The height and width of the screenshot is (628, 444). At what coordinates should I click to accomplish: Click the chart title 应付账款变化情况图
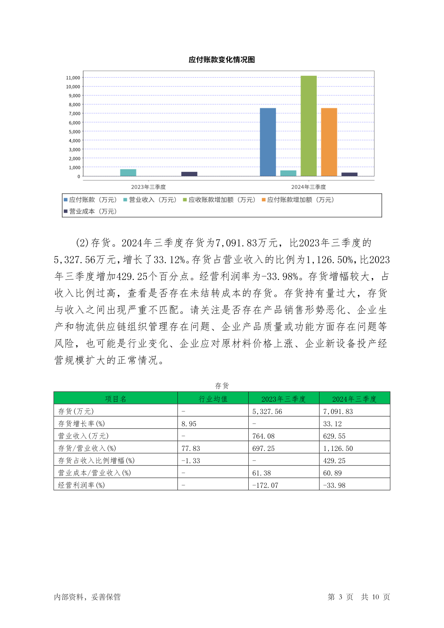[x=221, y=60]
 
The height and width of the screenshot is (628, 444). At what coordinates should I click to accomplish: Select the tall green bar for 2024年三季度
[x=308, y=126]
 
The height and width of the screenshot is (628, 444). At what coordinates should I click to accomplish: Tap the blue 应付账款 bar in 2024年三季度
[x=268, y=142]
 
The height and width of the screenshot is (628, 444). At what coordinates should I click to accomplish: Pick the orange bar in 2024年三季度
[x=329, y=142]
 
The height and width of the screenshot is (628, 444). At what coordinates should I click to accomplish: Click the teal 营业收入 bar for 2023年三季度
[x=128, y=173]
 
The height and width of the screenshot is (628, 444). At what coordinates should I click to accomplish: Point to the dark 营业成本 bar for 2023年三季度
[x=189, y=174]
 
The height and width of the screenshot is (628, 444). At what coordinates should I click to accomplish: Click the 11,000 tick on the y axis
[x=73, y=78]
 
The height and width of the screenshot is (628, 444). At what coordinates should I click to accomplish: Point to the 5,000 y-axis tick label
[x=74, y=132]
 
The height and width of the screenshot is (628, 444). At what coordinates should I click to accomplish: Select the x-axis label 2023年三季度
[x=148, y=187]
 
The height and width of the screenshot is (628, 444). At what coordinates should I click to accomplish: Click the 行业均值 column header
[x=213, y=399]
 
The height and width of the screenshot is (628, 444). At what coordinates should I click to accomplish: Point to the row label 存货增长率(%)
[x=81, y=424]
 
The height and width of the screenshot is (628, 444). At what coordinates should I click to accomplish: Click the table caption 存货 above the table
[x=222, y=386]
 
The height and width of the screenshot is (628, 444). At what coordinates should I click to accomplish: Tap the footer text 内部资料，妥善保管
[x=87, y=597]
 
